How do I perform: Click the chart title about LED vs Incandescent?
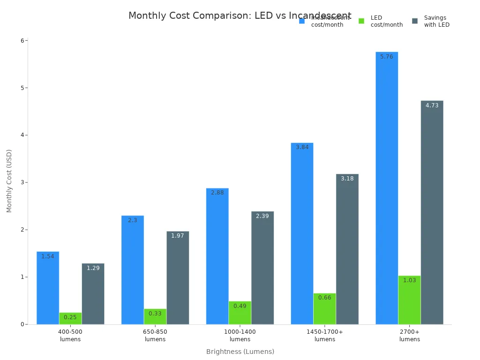(240, 16)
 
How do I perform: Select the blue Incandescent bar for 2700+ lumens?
(387, 187)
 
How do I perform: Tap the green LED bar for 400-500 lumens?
(70, 319)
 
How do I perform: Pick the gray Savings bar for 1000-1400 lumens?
(262, 268)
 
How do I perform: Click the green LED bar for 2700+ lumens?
(409, 300)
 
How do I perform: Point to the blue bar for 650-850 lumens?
(133, 270)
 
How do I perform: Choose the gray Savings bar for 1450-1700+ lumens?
(347, 249)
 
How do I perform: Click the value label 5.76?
(387, 57)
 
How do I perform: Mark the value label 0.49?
(240, 306)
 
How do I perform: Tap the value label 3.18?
(347, 179)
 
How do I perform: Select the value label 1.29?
(93, 268)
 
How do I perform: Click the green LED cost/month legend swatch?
(361, 21)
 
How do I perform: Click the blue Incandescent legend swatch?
(302, 21)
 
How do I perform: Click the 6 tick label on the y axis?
(22, 41)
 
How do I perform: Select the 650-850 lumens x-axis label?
(155, 336)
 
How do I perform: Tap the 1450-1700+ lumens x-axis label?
(325, 336)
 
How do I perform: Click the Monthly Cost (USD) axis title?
(9, 180)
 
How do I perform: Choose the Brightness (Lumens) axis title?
(240, 352)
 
